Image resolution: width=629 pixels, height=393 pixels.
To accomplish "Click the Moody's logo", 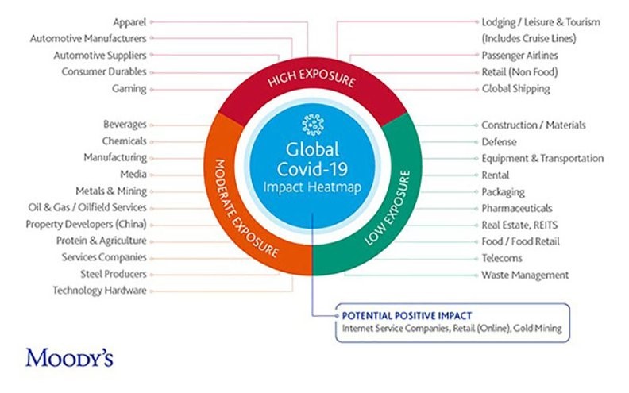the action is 69,358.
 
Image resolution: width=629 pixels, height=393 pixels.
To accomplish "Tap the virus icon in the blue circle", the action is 312,125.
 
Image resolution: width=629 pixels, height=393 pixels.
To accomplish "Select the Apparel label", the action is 129,22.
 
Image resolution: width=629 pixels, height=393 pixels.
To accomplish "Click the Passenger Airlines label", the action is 519,56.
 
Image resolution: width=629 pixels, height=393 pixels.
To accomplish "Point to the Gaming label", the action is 129,89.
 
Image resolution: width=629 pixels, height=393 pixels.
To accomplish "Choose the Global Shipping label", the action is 515,89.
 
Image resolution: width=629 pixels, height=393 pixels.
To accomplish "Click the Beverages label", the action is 125,125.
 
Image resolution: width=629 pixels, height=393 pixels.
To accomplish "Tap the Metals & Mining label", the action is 111,191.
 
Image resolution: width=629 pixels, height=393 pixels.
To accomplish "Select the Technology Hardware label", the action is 99,291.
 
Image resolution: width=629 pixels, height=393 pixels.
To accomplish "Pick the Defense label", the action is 499,142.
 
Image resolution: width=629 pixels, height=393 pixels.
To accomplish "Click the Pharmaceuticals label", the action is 517,208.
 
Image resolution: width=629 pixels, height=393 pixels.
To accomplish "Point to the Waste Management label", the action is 525,275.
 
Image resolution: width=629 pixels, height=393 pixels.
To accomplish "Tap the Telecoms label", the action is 501,258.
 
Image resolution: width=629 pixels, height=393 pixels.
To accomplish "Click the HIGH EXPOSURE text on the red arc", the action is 311,78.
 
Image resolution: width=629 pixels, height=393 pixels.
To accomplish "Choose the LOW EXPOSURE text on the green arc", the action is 388,208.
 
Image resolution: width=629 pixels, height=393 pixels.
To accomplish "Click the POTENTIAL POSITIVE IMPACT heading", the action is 407,316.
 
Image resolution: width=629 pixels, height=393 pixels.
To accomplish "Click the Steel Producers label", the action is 113,274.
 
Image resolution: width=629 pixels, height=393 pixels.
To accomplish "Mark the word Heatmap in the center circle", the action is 338,187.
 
